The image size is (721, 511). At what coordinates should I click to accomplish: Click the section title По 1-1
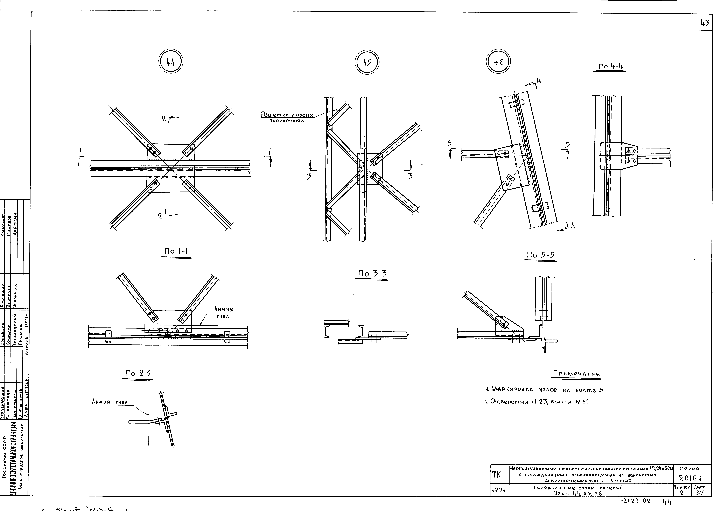pyautogui.click(x=176, y=251)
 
